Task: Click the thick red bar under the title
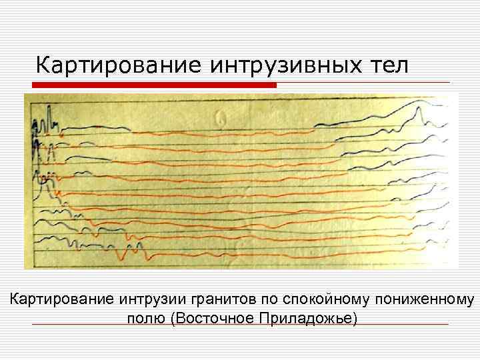coord(155,85)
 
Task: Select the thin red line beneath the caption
coord(240,325)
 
